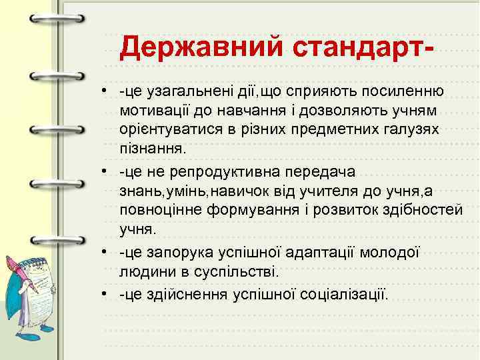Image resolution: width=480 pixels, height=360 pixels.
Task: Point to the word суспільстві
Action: (227, 272)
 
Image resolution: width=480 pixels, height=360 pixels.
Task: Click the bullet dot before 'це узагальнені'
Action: (105, 90)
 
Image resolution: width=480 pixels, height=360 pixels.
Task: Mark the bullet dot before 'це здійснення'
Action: (105, 294)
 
